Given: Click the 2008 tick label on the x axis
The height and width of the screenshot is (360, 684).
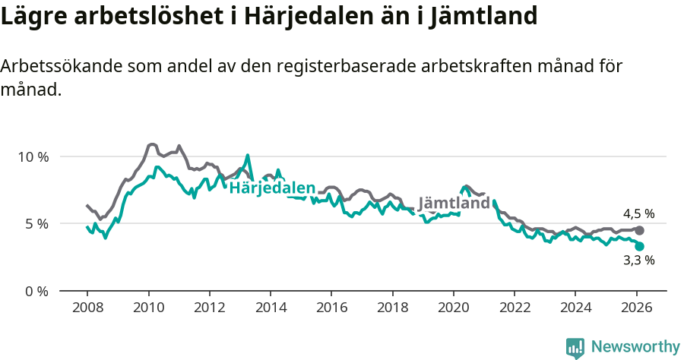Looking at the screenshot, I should point(87,308).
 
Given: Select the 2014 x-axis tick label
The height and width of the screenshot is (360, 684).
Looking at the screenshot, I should point(271,308).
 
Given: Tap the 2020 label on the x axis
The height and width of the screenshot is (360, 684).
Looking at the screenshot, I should point(453,308).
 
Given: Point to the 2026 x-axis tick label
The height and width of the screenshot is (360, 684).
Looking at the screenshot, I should point(636,308).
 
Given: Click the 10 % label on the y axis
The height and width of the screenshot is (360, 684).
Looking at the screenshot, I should point(33,156).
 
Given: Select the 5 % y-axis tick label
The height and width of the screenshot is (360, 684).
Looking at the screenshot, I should point(36,224).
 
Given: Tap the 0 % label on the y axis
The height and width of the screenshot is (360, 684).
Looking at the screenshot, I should point(36,291).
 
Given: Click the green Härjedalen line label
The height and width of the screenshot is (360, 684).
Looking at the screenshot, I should point(272,188).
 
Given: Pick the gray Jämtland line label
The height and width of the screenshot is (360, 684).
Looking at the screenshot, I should point(454,204).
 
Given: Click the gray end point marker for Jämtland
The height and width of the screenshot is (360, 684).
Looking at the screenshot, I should point(639,230).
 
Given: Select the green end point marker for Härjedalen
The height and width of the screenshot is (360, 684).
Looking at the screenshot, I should point(639,246).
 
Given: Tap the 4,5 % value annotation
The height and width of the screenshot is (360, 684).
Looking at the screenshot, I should point(638,214).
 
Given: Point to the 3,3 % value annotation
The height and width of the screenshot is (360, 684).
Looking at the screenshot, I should point(638,261).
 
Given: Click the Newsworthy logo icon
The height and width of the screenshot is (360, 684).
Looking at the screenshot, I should point(575,348).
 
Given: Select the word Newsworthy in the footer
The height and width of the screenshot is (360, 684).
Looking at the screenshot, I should point(635,347).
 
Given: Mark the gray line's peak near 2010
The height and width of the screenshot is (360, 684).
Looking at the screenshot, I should point(152,144).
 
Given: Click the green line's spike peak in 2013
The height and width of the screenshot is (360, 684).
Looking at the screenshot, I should point(248,155).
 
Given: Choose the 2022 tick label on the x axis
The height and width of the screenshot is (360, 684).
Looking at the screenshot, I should point(515,308).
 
